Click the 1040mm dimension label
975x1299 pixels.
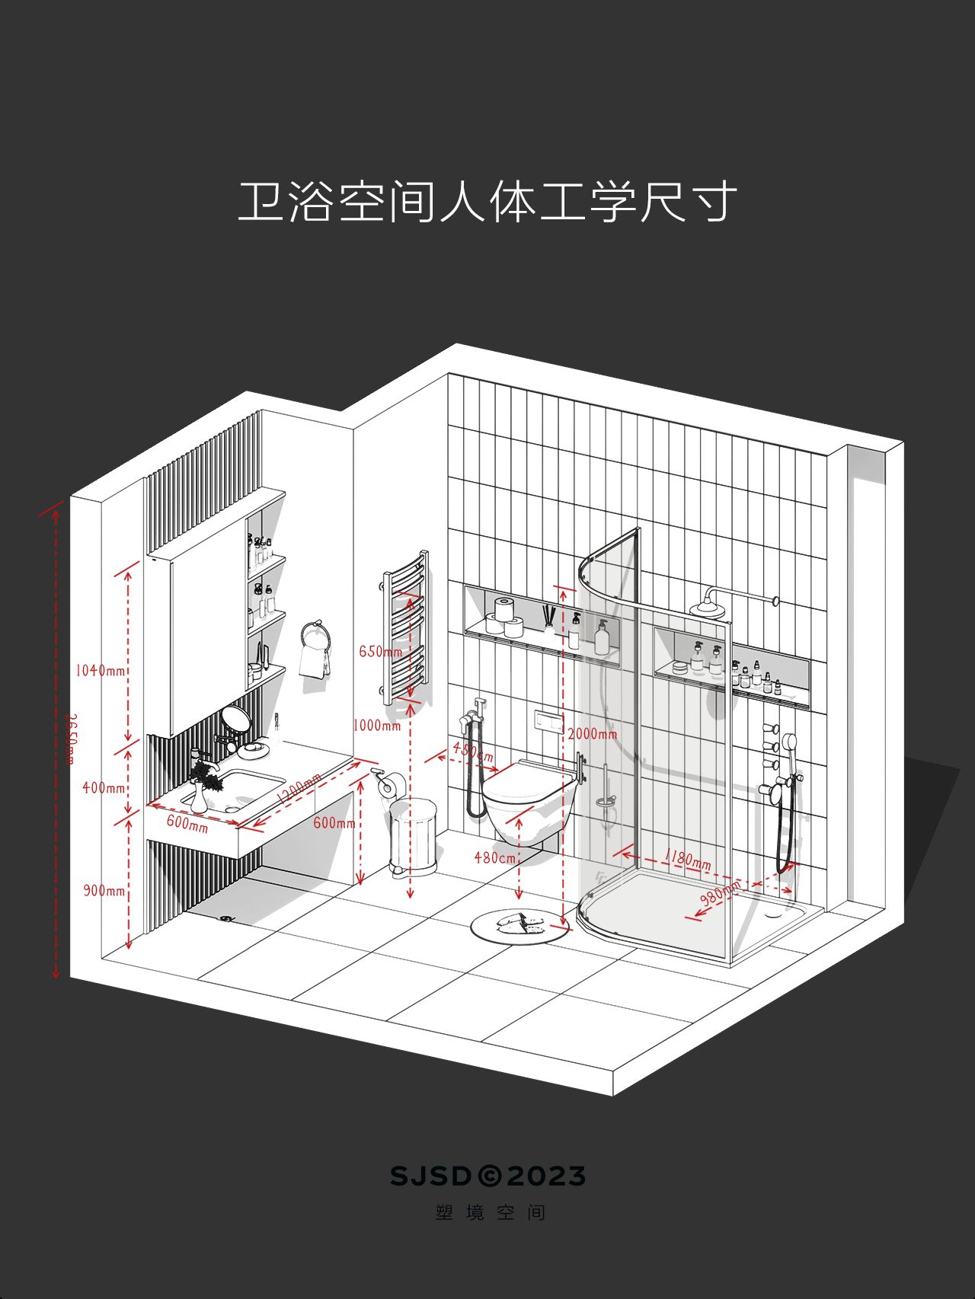[x=100, y=671]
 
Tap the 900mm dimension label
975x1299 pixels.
[x=104, y=890]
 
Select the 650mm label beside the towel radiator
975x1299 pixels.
[x=380, y=652]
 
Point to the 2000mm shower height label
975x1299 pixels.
[x=593, y=734]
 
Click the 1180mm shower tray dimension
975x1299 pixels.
[x=687, y=858]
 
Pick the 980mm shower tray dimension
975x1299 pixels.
[x=719, y=892]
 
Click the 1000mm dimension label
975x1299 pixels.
[x=376, y=726]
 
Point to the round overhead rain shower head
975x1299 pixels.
[x=707, y=609]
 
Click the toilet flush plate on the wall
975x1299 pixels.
[x=548, y=720]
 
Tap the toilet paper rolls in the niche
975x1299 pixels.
[x=505, y=617]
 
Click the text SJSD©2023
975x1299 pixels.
[x=487, y=1176]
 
